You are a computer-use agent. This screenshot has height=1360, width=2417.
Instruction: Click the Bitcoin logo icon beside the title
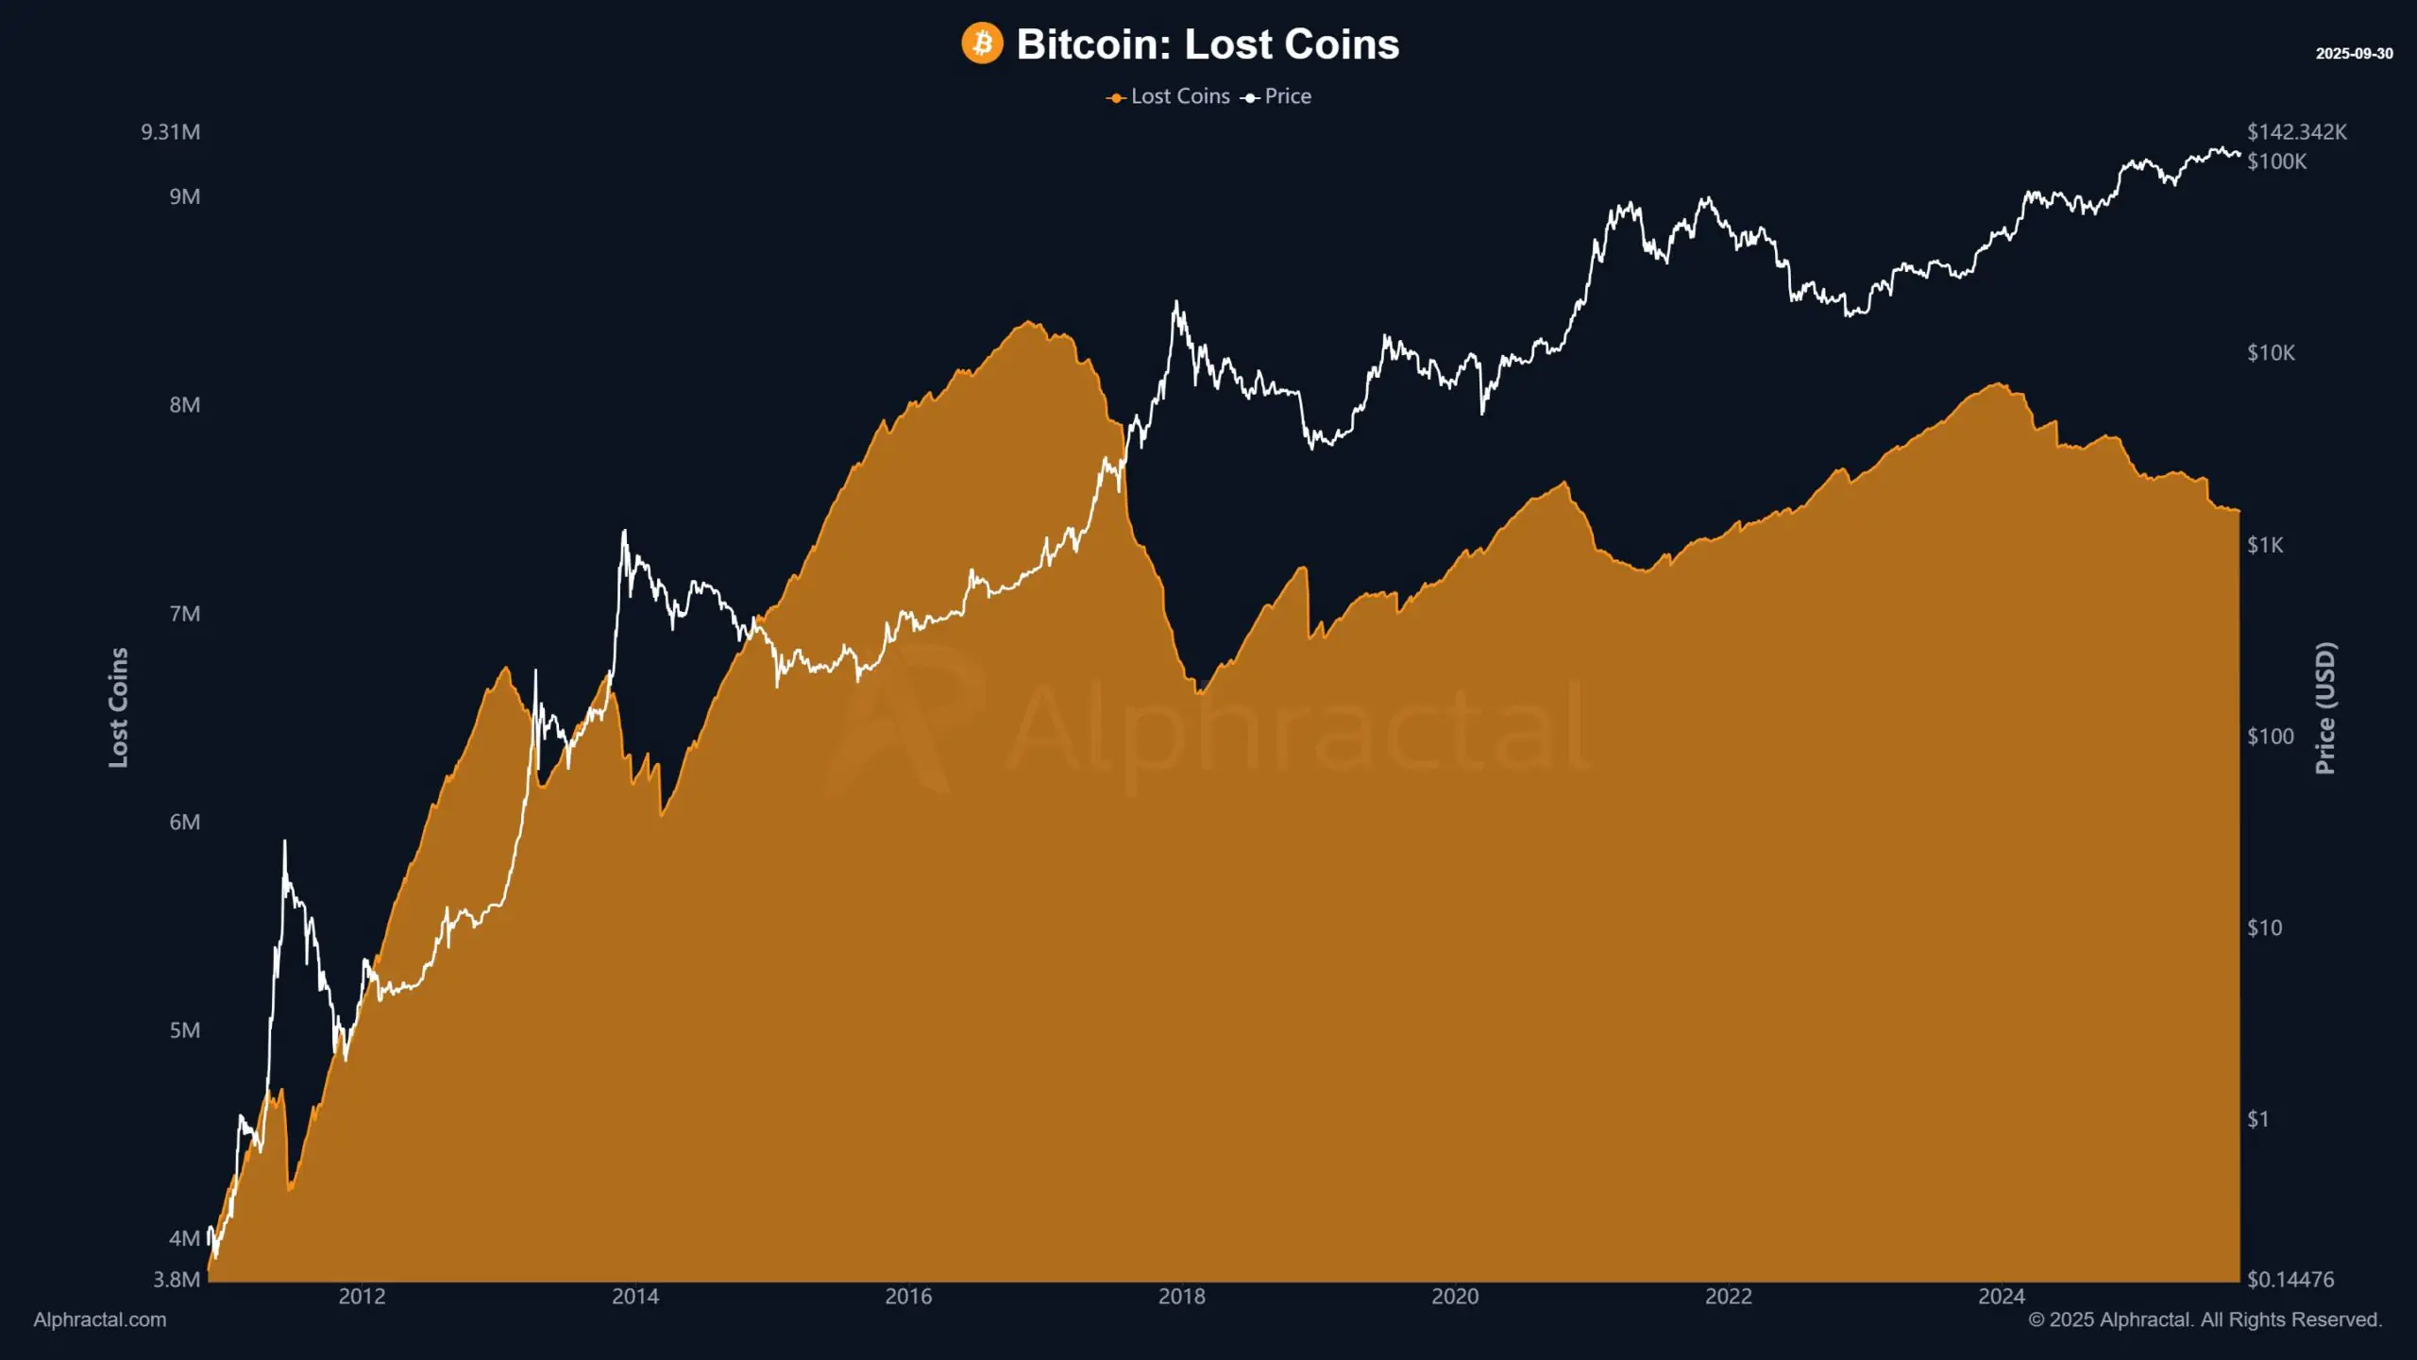(x=982, y=43)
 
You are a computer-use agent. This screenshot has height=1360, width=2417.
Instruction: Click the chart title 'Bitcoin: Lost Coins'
(x=1207, y=44)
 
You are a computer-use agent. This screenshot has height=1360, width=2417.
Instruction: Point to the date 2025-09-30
(x=2354, y=54)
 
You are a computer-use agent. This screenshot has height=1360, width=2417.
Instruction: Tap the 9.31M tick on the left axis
(x=171, y=132)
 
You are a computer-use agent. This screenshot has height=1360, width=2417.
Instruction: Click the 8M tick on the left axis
(x=185, y=405)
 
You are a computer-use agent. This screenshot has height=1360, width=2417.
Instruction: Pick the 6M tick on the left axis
(x=185, y=822)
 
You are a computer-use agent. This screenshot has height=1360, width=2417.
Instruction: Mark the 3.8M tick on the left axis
(x=177, y=1280)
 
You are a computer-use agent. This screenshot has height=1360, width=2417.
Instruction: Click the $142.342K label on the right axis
(x=2296, y=132)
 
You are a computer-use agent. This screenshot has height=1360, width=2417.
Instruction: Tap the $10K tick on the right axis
(x=2271, y=353)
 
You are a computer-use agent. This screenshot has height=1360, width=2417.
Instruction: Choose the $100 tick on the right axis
(x=2270, y=737)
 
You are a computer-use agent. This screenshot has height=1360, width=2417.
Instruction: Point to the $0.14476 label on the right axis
(x=2290, y=1280)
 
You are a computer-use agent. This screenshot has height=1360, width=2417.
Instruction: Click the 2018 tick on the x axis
(x=1181, y=1297)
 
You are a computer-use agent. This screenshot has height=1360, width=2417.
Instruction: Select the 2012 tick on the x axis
(x=362, y=1297)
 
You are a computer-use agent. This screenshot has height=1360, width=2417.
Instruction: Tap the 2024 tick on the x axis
(x=2001, y=1297)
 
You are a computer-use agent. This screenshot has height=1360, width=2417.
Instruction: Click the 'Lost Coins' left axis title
(x=118, y=706)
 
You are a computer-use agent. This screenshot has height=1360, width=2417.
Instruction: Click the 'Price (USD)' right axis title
(x=2325, y=708)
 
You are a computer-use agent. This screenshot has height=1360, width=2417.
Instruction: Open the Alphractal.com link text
(x=100, y=1320)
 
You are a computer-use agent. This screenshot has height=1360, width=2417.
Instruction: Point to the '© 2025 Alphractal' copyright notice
(x=2205, y=1320)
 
